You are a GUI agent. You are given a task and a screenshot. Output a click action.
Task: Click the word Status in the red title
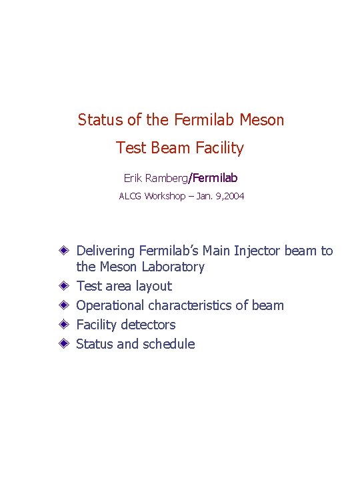[x=99, y=120]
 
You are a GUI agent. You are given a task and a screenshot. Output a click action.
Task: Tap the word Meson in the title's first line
[x=262, y=120]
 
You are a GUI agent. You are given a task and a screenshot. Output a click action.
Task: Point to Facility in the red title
[x=221, y=148]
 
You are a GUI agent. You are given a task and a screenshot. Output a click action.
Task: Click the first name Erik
[x=132, y=179]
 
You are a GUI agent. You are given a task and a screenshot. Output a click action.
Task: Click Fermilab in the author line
[x=215, y=179]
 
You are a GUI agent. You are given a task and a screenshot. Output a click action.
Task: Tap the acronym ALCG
[x=131, y=197]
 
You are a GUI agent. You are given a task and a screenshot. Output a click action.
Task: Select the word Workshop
[x=165, y=197]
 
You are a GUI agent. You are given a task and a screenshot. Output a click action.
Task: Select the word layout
[x=153, y=287]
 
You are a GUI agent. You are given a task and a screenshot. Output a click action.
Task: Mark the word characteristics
[x=190, y=306]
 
